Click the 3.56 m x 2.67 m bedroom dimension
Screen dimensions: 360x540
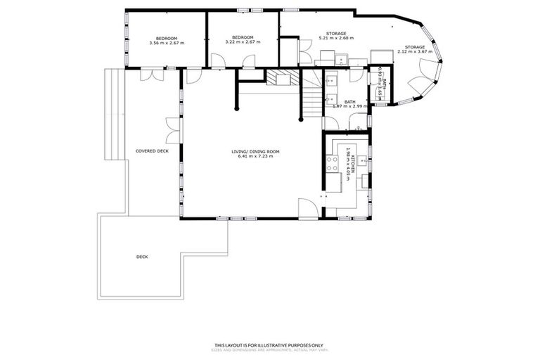point(166,43)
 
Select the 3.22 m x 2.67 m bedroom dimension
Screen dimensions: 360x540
point(243,42)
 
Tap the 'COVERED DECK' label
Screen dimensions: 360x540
point(152,151)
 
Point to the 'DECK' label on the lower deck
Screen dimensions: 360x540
point(142,257)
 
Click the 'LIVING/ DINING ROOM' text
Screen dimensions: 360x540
point(256,151)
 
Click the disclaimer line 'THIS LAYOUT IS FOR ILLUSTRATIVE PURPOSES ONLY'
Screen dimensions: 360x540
point(269,345)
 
